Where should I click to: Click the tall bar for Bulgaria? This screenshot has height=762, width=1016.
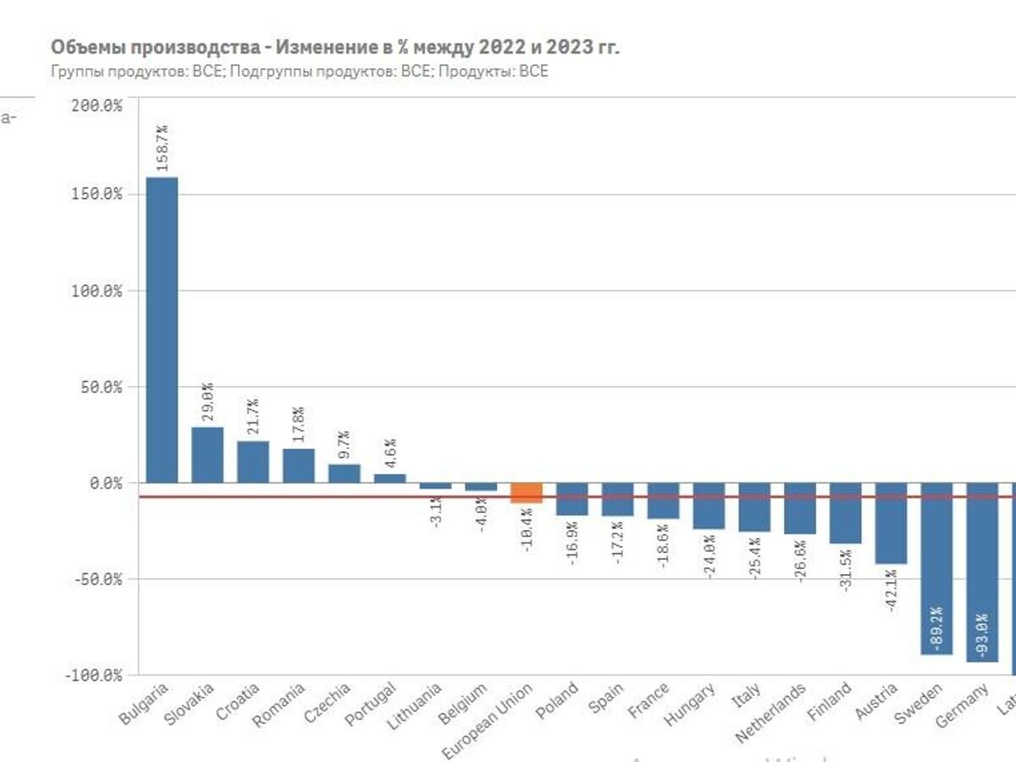(x=162, y=329)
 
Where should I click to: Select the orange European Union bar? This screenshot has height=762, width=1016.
(x=527, y=493)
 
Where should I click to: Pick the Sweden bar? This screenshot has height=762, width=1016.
(x=936, y=569)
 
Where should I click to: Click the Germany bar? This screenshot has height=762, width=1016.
(x=982, y=572)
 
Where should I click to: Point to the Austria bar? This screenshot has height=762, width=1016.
(x=891, y=523)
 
